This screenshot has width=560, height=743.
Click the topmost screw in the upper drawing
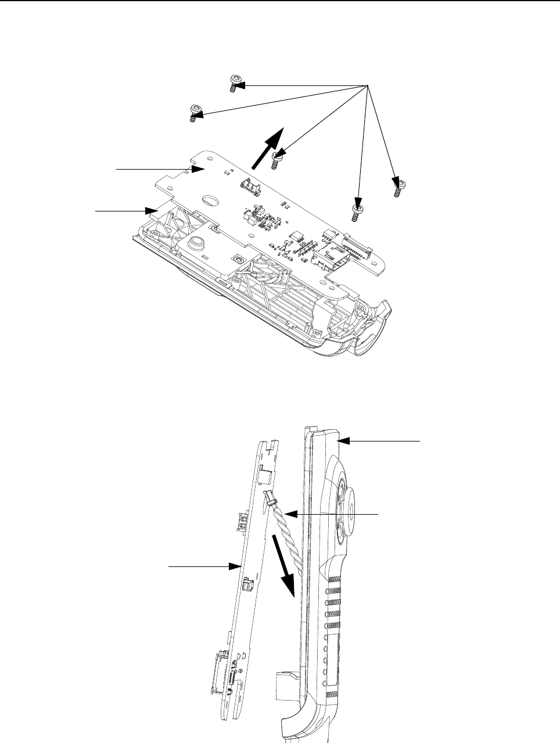[234, 82]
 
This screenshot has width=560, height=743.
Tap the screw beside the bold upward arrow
[278, 159]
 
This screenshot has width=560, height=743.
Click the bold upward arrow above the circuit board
[267, 148]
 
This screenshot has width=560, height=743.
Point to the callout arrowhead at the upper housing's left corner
[153, 209]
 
